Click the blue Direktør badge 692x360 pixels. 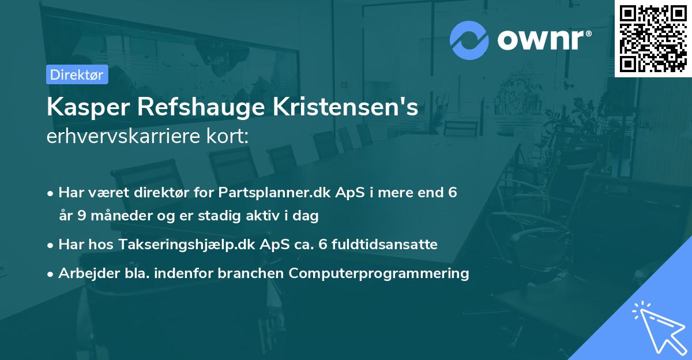pyautogui.click(x=77, y=74)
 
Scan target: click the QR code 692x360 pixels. pyautogui.click(x=653, y=38)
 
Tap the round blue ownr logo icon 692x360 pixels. pyautogui.click(x=469, y=40)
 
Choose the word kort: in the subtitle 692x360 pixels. pyautogui.click(x=227, y=137)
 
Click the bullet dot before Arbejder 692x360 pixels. pyautogui.click(x=51, y=274)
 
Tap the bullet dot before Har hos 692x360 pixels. pyautogui.click(x=51, y=245)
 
